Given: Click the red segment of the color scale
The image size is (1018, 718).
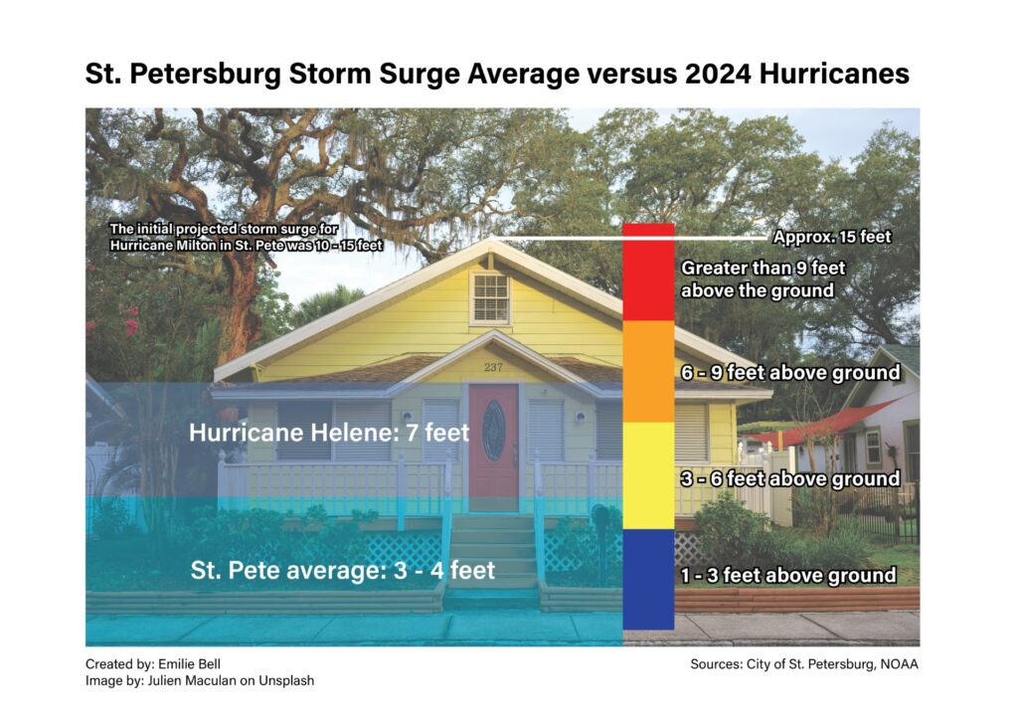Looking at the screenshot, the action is pos(648,272).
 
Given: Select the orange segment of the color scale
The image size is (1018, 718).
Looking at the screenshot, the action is pos(648,371).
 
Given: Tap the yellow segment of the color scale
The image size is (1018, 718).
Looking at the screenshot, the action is pos(648,475).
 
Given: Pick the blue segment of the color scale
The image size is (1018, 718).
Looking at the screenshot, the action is pos(648,579).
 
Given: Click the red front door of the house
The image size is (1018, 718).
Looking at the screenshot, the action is pos(493,448).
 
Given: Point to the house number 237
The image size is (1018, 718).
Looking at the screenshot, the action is pos(493,367).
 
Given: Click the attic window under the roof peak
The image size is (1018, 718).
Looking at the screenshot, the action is pos(491,298).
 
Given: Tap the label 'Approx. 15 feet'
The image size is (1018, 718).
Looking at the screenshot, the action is pos(832,237).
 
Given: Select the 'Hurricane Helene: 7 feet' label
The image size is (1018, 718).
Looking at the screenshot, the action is pos(328,433).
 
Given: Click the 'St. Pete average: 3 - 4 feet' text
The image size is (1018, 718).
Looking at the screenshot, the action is pos(343,570).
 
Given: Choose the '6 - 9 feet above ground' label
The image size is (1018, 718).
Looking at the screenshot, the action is pos(790,373).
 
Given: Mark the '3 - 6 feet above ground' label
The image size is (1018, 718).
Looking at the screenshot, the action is pos(790,479).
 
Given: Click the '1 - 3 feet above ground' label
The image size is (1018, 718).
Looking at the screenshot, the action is pos(788,575).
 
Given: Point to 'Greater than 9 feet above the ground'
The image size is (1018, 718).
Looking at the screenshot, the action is pos(763,279).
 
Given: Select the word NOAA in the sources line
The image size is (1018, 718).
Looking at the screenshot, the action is pos(899,664).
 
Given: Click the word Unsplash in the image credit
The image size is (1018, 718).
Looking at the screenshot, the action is pos(286,681).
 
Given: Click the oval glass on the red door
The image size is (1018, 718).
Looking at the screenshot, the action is pos(494,431).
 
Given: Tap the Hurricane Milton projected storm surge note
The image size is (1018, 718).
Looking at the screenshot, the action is pos(247,237).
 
